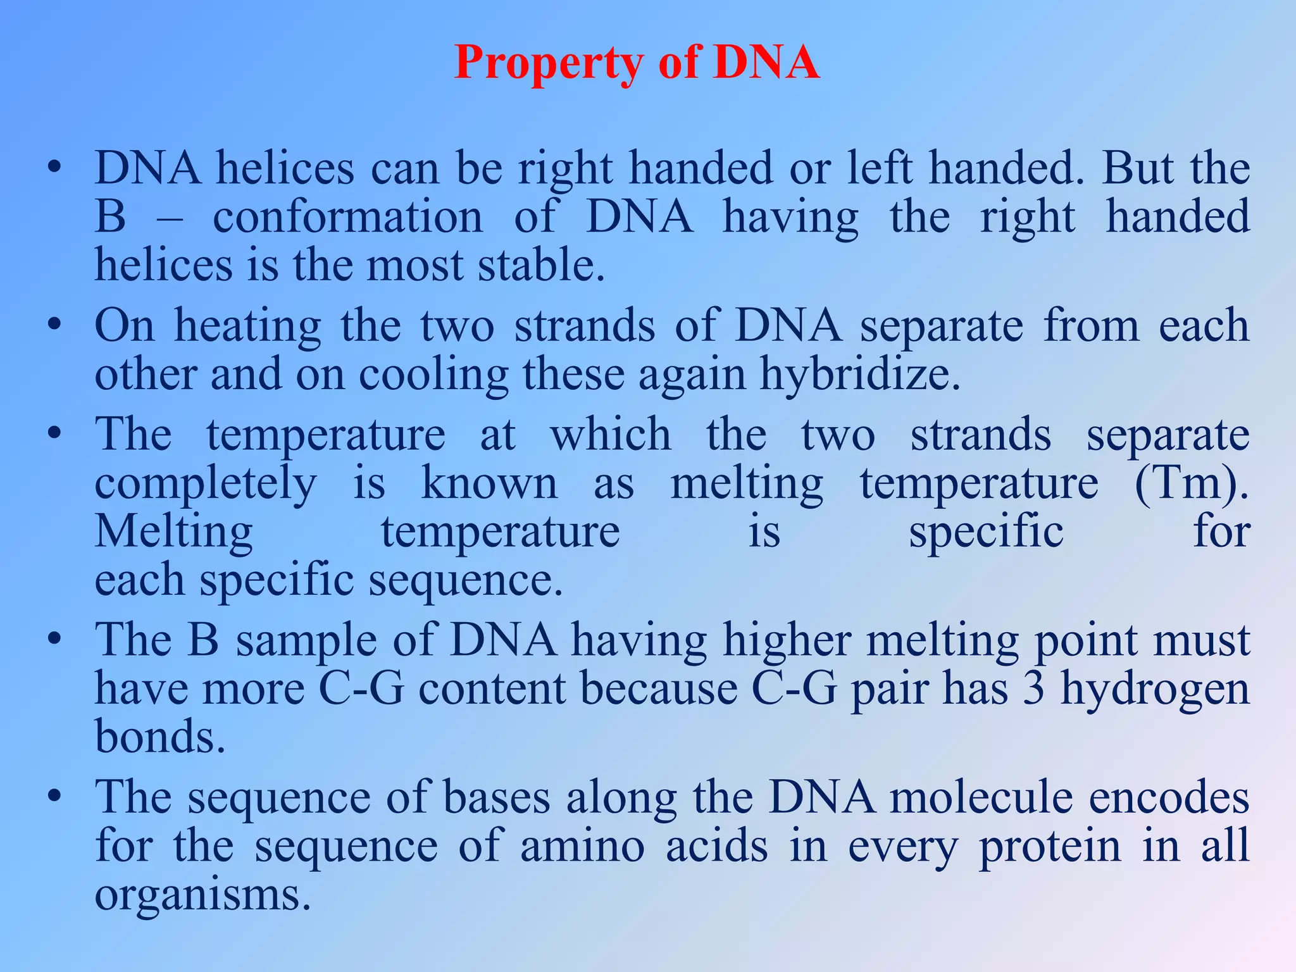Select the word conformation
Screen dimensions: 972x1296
[347, 217]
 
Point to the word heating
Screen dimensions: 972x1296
[247, 327]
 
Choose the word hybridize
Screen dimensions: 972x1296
[860, 375]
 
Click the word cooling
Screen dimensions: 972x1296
[433, 375]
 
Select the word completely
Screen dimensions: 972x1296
[205, 485]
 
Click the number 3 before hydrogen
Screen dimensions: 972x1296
[1033, 688]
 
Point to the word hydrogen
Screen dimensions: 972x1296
[1155, 690]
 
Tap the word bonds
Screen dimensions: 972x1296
[159, 737]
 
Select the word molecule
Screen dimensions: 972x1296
[981, 797]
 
